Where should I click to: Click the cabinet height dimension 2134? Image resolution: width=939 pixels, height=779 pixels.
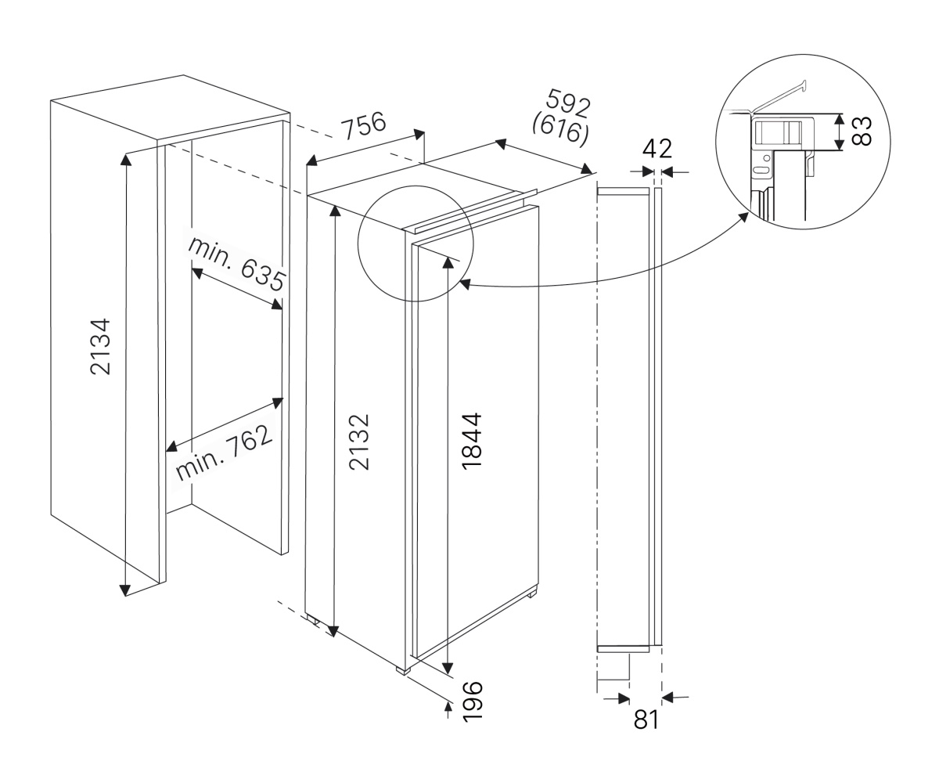(x=101, y=345)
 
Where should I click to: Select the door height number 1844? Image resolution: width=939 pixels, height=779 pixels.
(x=472, y=441)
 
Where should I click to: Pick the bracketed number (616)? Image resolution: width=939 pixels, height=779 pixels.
(x=559, y=128)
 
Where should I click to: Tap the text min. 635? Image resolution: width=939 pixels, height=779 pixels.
(x=236, y=263)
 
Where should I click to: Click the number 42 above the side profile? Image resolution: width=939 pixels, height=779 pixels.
(x=657, y=149)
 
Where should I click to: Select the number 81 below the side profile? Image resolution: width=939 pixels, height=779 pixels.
(x=646, y=719)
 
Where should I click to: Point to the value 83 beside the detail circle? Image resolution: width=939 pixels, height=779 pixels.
(x=861, y=130)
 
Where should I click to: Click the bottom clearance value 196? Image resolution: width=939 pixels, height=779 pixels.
(x=472, y=701)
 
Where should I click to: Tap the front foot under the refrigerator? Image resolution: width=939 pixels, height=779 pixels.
(x=403, y=671)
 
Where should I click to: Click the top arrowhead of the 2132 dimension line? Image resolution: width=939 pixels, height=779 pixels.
(x=335, y=211)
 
